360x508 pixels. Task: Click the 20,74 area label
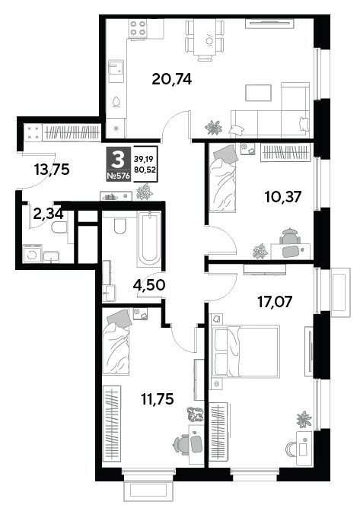click(172, 79)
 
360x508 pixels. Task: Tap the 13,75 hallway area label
click(52, 169)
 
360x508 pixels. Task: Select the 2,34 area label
click(48, 214)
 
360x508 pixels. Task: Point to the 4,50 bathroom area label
click(149, 285)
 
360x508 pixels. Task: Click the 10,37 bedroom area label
click(283, 197)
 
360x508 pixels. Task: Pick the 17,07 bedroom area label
click(275, 302)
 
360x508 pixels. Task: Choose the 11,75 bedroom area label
click(158, 398)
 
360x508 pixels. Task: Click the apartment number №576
click(119, 176)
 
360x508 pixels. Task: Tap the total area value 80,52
click(145, 169)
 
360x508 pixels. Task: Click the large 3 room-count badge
click(119, 160)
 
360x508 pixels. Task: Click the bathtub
click(149, 239)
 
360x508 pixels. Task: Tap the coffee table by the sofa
click(259, 93)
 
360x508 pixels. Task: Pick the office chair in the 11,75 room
click(183, 444)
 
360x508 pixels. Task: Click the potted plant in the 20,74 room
click(213, 127)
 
